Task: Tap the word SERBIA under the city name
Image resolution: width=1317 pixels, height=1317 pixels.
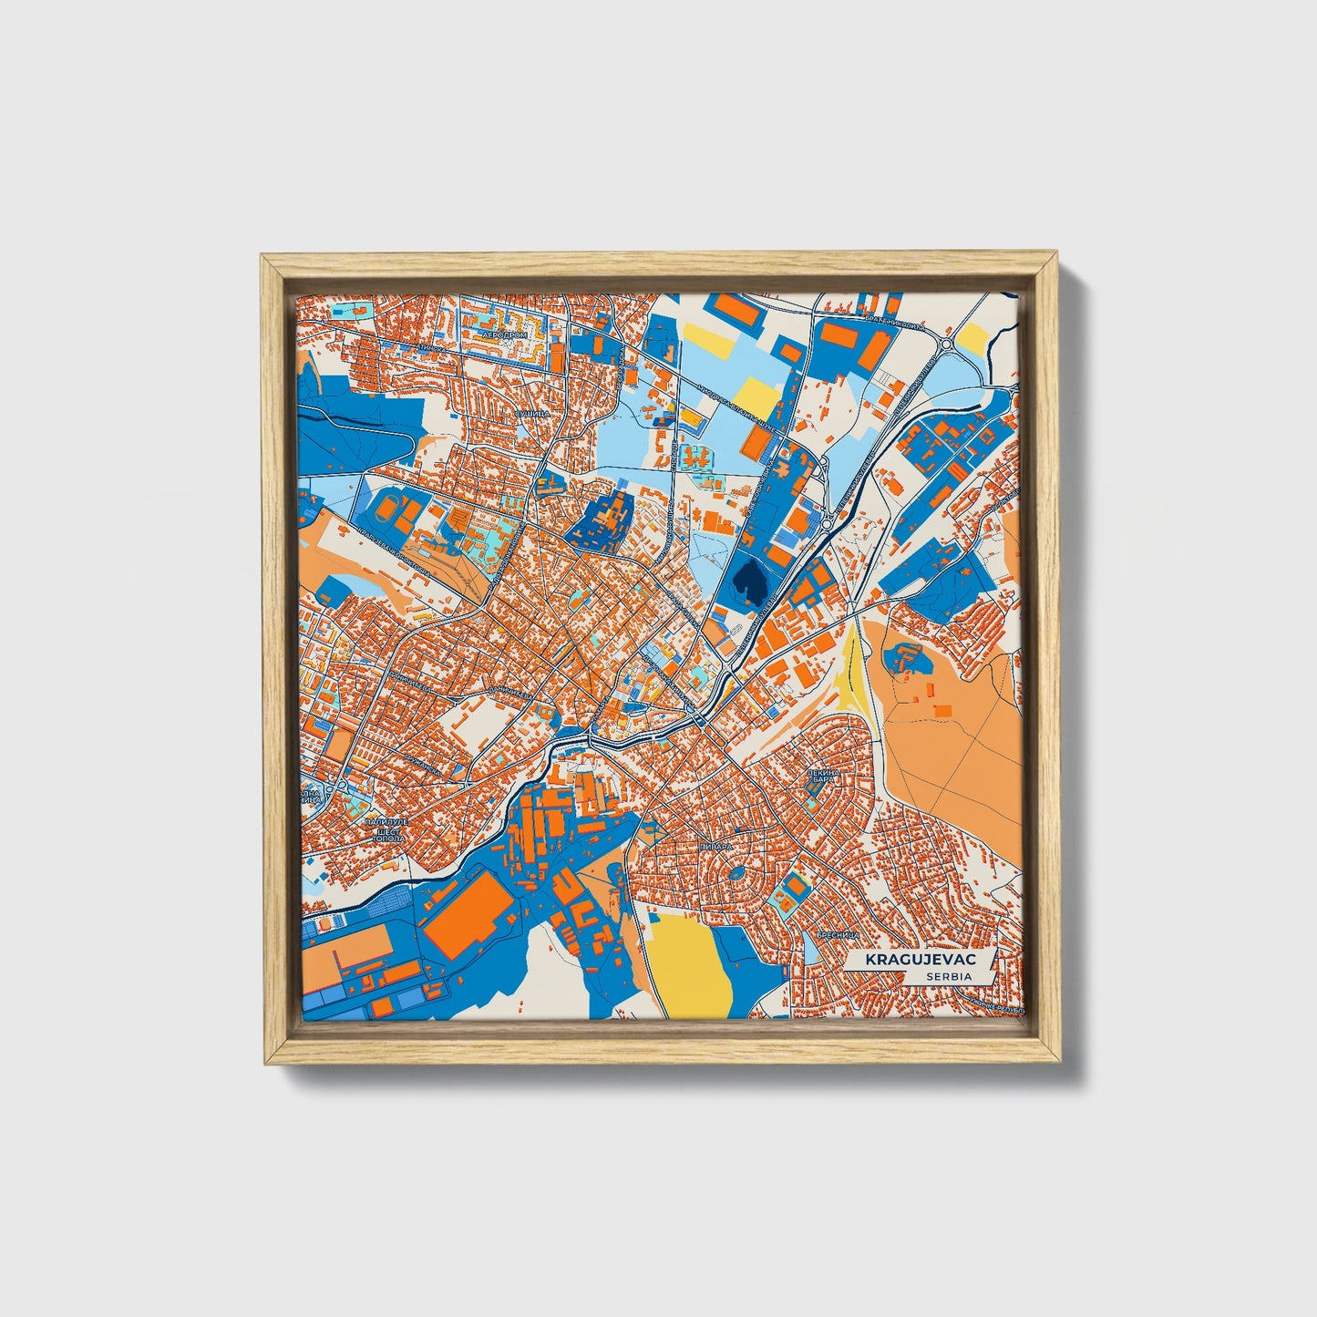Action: (x=947, y=976)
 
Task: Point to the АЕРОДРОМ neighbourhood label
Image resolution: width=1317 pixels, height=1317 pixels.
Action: (x=505, y=335)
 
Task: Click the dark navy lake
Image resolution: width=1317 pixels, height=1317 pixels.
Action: (x=749, y=578)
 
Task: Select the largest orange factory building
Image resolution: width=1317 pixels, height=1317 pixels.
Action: (x=470, y=915)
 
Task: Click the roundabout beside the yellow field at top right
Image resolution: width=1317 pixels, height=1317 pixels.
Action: (x=945, y=345)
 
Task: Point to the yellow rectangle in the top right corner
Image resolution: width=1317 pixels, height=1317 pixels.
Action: (x=973, y=338)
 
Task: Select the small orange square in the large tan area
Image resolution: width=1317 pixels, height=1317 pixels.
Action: (x=942, y=710)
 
